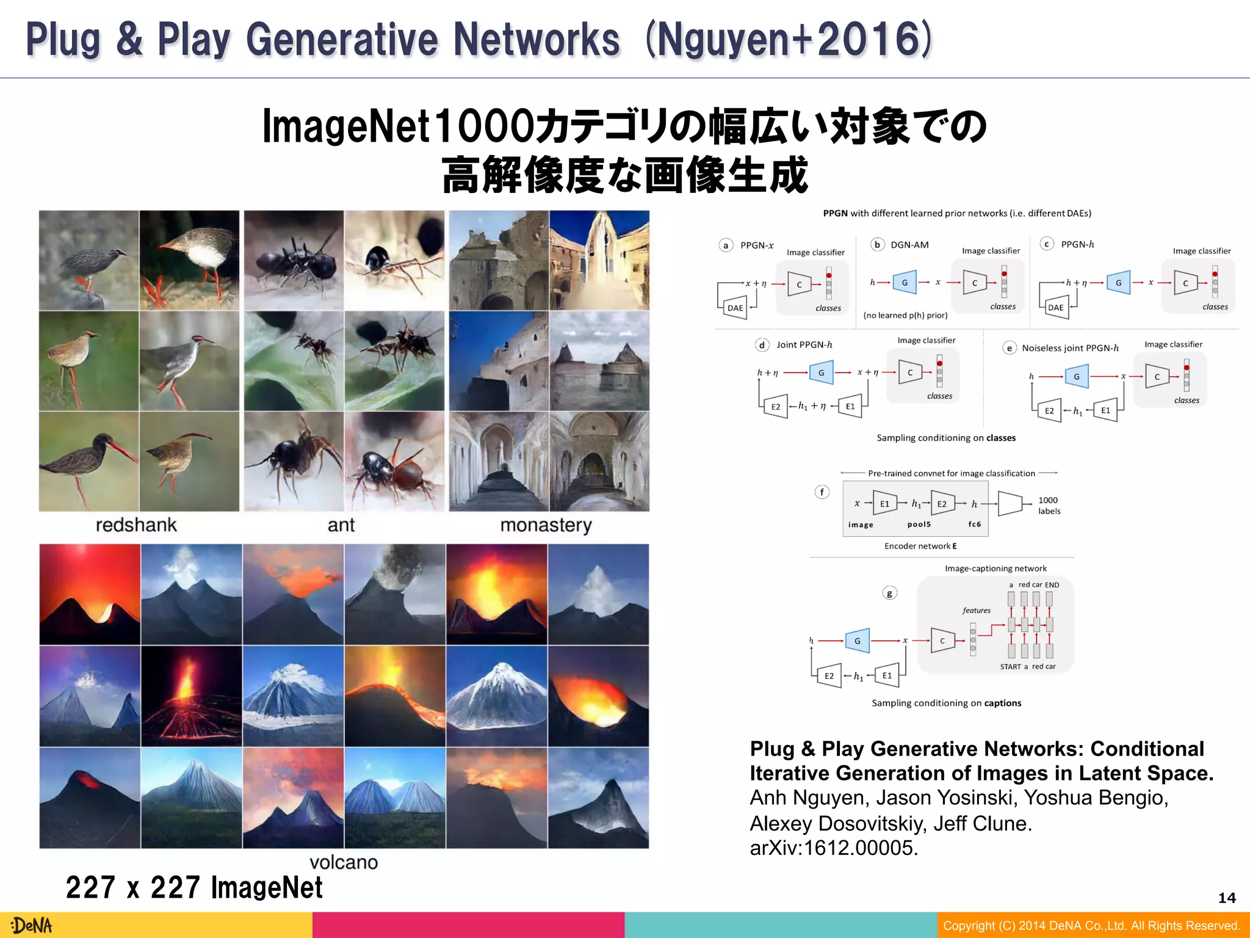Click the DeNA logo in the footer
click(32, 925)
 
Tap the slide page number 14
click(1227, 898)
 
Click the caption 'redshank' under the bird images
click(136, 525)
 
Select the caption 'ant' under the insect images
click(341, 525)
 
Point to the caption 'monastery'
click(546, 525)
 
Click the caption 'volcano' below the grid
click(344, 862)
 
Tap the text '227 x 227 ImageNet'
click(194, 887)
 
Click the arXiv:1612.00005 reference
click(834, 848)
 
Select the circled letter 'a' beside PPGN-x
click(725, 245)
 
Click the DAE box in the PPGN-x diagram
click(735, 308)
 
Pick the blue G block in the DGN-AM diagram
click(905, 282)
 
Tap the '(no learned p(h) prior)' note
click(905, 315)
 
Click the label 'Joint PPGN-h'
click(804, 344)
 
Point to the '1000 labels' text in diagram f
click(1049, 506)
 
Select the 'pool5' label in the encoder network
click(919, 524)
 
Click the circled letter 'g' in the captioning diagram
click(889, 593)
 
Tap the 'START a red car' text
click(1028, 666)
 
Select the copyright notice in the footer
click(1091, 925)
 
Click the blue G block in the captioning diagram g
click(858, 641)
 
